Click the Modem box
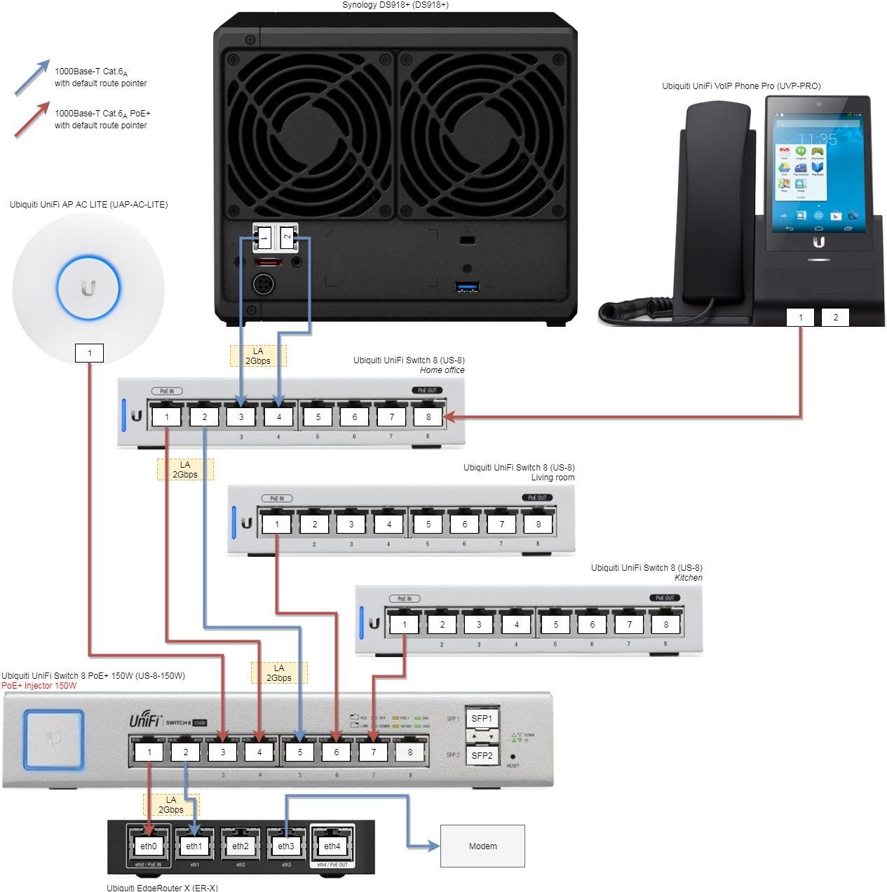pyautogui.click(x=482, y=846)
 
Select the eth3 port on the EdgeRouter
pyautogui.click(x=286, y=846)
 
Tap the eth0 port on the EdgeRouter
pyautogui.click(x=149, y=846)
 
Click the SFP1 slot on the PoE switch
pyautogui.click(x=482, y=718)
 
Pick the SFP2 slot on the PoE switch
pyautogui.click(x=482, y=755)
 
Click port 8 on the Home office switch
pyautogui.click(x=428, y=417)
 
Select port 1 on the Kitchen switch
pyautogui.click(x=405, y=624)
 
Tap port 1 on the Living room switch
pyautogui.click(x=277, y=524)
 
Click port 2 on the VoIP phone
pyautogui.click(x=835, y=317)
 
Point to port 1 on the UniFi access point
pyautogui.click(x=89, y=353)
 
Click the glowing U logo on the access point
pyautogui.click(x=88, y=288)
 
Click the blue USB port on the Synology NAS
pyautogui.click(x=466, y=286)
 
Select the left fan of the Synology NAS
pyautogui.click(x=309, y=130)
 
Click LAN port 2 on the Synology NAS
pyautogui.click(x=287, y=237)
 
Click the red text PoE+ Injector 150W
pyautogui.click(x=39, y=686)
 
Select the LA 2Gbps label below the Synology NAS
pyautogui.click(x=257, y=356)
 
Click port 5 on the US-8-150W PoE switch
pyautogui.click(x=300, y=752)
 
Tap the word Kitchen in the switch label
pyautogui.click(x=688, y=578)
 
